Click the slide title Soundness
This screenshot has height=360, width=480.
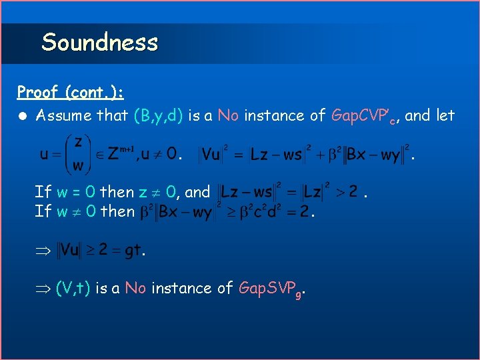coord(99,43)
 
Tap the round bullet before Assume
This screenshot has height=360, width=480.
coord(23,116)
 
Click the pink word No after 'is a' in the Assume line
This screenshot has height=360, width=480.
coord(228,115)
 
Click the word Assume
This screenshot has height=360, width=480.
coord(63,115)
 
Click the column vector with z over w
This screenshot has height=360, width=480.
coord(77,154)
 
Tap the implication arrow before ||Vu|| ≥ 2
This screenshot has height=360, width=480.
coord(43,251)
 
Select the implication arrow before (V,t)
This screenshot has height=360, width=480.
coord(43,289)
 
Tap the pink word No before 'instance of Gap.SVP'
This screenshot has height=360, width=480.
coord(135,288)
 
